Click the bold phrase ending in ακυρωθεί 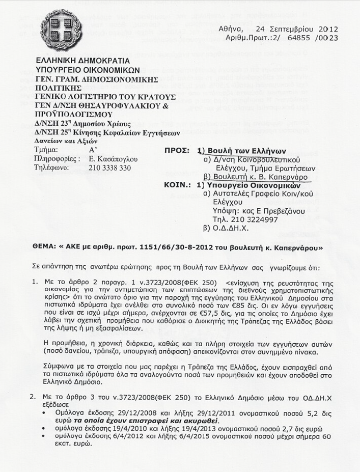click(x=147, y=422)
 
